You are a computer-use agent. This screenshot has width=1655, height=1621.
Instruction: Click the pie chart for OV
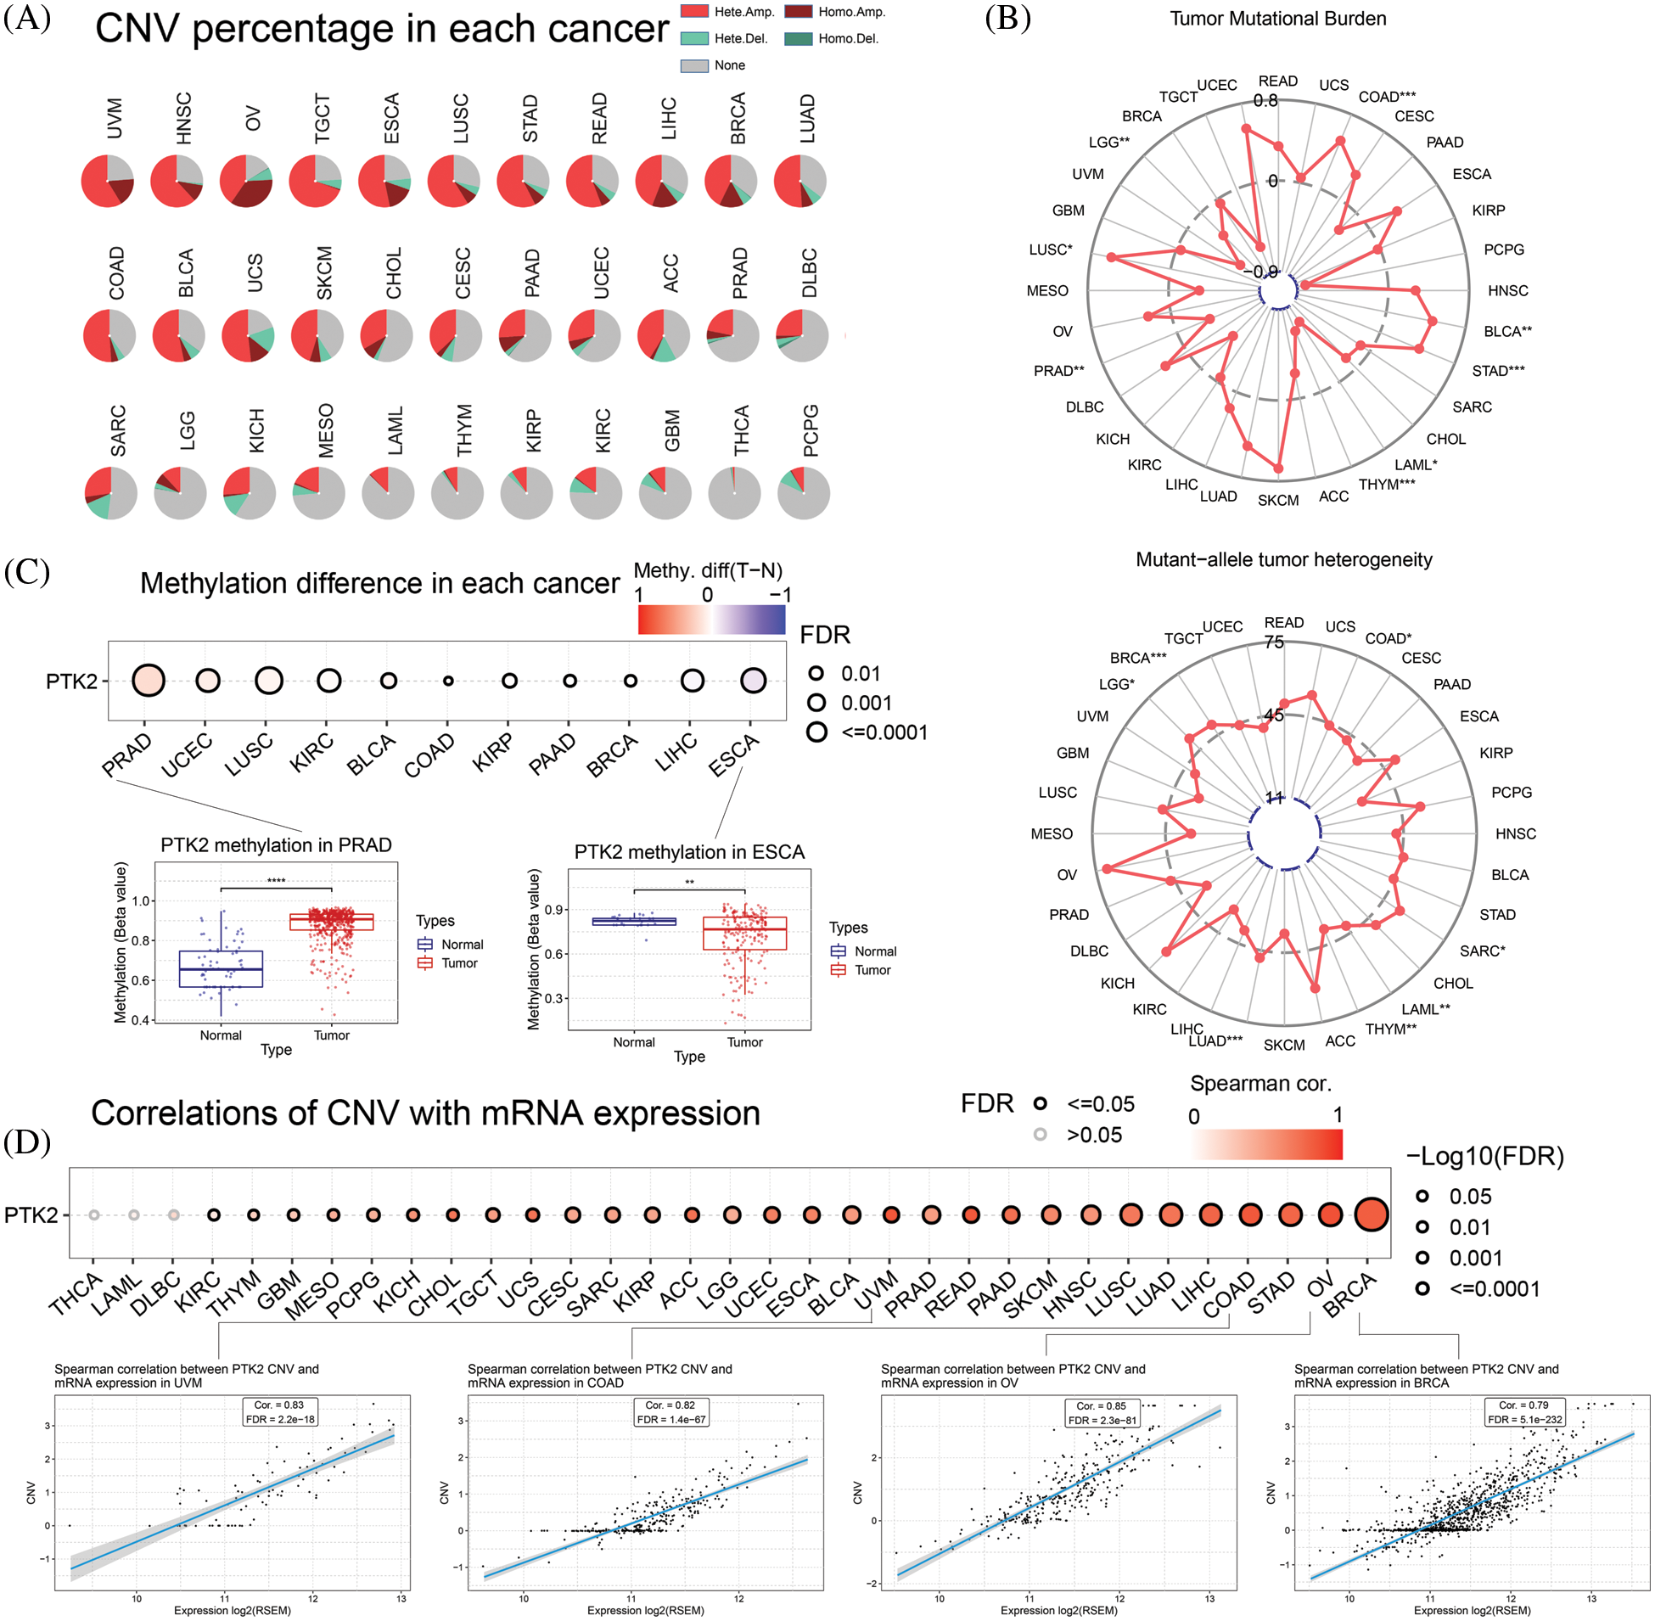pos(246,182)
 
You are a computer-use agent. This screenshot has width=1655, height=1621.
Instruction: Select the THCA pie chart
pos(734,493)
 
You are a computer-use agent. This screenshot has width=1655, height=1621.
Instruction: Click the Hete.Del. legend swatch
pos(695,38)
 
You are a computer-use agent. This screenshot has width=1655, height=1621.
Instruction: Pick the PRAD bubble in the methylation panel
pos(149,681)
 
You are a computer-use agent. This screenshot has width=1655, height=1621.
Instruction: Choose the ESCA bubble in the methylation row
pos(753,681)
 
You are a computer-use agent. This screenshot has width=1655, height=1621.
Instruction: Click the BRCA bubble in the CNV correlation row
pos(1371,1214)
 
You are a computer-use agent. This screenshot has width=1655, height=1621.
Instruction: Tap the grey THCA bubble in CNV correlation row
pos(93,1214)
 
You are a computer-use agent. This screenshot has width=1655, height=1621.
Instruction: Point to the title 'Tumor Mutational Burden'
pos(1277,19)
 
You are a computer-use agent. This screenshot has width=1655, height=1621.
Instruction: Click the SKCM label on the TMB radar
pos(1278,500)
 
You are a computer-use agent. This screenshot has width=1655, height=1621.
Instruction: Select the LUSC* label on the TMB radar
pos(1051,250)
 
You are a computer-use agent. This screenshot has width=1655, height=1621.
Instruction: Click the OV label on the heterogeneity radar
pos(1067,874)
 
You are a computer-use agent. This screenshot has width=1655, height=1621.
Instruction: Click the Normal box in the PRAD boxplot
pos(221,969)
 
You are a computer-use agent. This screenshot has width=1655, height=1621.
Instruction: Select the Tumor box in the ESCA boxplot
pos(745,933)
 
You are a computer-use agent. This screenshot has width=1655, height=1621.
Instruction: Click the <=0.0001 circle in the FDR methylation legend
pos(816,732)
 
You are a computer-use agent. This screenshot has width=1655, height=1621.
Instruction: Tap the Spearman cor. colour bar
pos(1267,1144)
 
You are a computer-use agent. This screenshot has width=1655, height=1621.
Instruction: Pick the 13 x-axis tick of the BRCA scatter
pos(1591,1598)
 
